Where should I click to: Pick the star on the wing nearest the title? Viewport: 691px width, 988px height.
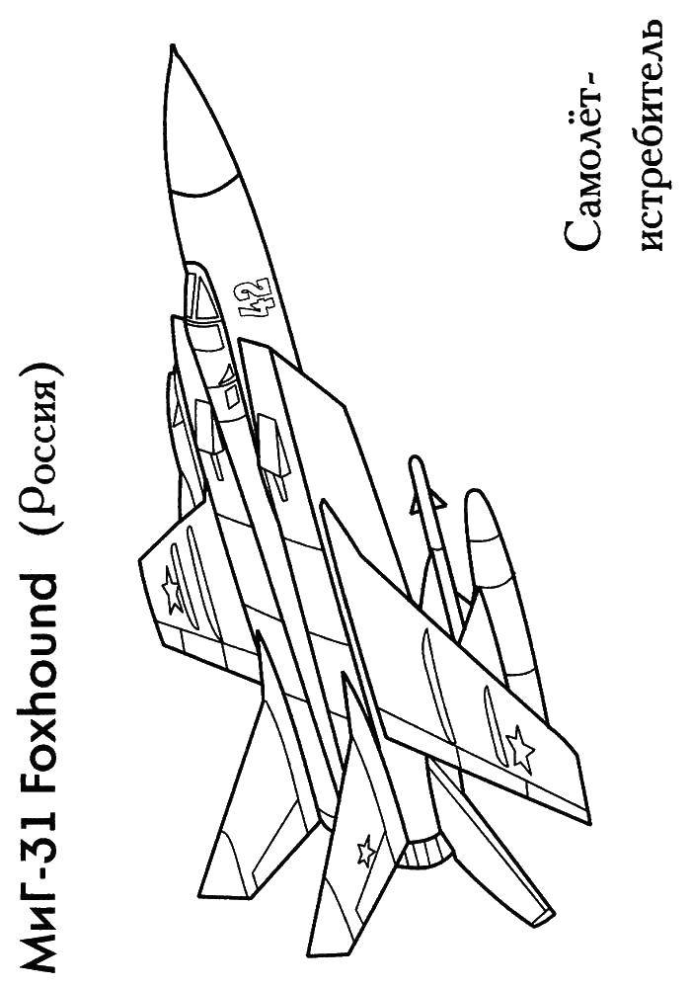[171, 589]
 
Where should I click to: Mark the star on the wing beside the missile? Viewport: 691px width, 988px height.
[521, 748]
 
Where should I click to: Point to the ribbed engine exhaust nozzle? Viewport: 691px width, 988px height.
[428, 848]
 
